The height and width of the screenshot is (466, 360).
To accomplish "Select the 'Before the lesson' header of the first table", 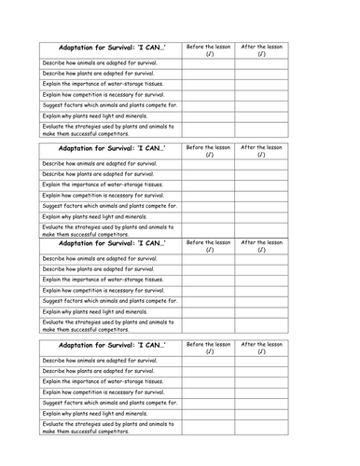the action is pos(208,49).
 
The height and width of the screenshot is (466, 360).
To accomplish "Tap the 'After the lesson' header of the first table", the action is pos(262,49).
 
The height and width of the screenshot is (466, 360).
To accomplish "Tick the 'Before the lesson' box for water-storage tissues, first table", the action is pos(208,83).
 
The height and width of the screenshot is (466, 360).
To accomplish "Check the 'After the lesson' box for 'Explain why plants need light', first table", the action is pos(262,115).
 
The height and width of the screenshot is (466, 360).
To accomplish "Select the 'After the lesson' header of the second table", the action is pos(262,150).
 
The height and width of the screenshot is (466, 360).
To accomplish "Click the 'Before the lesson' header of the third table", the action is pos(208,246).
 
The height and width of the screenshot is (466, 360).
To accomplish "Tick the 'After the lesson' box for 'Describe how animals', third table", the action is pos(262,258).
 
